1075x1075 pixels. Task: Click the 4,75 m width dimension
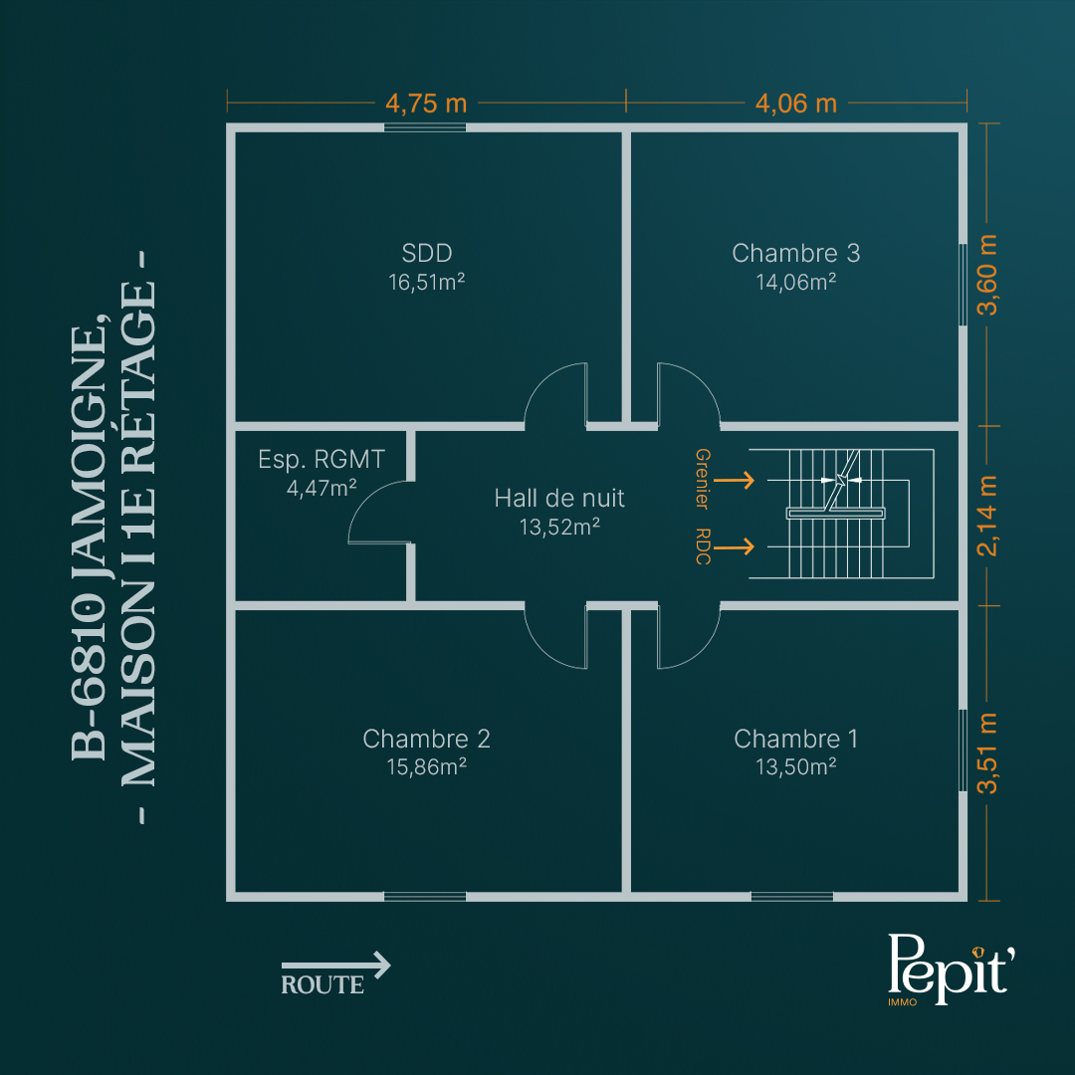426,104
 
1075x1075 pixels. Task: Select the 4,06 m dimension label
796,104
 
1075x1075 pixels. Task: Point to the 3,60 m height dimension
987,275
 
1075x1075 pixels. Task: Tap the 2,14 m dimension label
987,516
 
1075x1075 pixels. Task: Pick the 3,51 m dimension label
987,753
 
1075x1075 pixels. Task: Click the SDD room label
426,253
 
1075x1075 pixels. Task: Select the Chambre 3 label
796,253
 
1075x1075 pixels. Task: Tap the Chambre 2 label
426,739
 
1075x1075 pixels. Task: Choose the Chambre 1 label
796,739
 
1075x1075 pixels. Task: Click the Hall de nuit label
559,499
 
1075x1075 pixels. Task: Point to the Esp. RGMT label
322,459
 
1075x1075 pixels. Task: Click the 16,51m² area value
426,282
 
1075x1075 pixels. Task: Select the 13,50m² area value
796,766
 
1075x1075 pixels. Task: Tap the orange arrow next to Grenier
735,480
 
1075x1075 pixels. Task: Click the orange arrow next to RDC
735,546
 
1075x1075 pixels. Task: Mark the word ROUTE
322,984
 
